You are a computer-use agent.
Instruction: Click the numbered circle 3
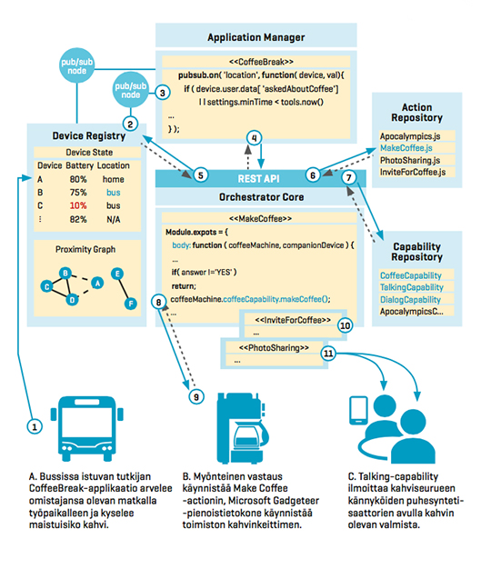click(x=163, y=93)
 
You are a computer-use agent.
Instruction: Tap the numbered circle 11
click(x=328, y=353)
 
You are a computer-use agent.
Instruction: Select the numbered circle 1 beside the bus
click(x=35, y=427)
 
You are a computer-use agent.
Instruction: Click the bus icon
click(x=87, y=428)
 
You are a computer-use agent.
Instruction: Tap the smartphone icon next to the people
click(x=358, y=410)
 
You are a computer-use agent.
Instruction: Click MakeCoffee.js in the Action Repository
click(x=406, y=148)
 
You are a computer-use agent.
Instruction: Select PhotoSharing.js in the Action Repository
click(x=410, y=160)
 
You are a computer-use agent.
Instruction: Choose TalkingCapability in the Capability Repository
click(x=412, y=287)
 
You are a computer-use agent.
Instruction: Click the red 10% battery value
click(x=78, y=205)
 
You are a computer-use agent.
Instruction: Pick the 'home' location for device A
click(x=114, y=179)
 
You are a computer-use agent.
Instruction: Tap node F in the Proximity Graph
click(x=131, y=304)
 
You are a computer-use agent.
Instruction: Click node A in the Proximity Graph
click(x=97, y=283)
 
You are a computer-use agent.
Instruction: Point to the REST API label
click(x=259, y=178)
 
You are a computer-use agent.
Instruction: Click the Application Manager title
click(x=256, y=37)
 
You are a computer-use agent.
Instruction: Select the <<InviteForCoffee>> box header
click(x=293, y=320)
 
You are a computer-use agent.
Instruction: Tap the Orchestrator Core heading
click(x=261, y=197)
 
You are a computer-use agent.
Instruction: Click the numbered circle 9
click(x=196, y=396)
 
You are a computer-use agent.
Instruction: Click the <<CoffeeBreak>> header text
click(x=261, y=62)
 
